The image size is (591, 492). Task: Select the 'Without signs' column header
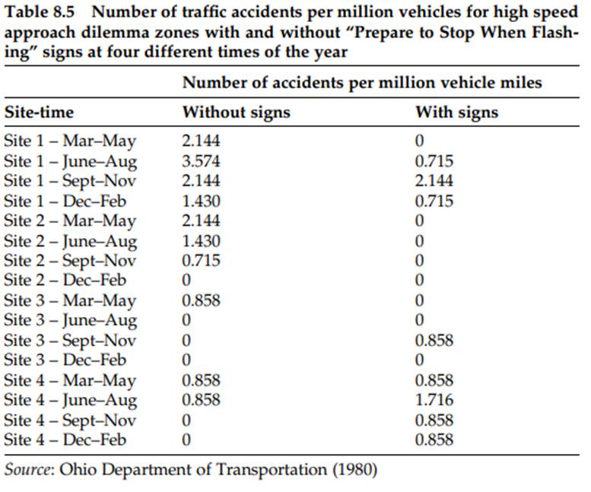click(236, 113)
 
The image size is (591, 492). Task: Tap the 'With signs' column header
click(456, 113)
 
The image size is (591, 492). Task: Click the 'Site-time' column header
click(40, 113)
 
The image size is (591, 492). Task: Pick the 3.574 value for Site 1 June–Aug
click(202, 161)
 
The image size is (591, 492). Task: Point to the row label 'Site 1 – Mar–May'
click(70, 141)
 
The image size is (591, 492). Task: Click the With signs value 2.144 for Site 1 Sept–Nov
click(434, 181)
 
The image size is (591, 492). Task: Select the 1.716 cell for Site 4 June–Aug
click(434, 400)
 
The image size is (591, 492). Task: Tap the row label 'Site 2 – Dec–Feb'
click(70, 281)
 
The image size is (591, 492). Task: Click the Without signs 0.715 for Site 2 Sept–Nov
click(202, 261)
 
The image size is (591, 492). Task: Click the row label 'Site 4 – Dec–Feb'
click(70, 440)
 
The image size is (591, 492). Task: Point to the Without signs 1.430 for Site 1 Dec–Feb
click(202, 202)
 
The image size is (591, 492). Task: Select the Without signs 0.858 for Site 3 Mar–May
click(202, 300)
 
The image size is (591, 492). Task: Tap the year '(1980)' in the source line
click(354, 469)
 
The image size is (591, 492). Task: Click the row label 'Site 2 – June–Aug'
click(71, 241)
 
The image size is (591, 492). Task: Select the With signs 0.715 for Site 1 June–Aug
click(434, 161)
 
